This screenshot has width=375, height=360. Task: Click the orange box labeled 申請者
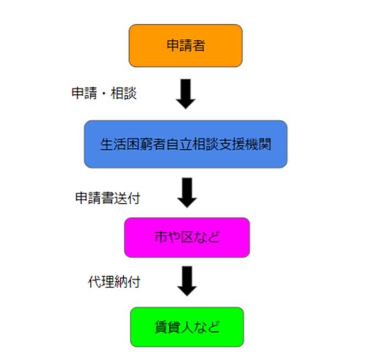(185, 45)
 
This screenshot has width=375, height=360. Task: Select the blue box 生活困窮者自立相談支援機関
(185, 144)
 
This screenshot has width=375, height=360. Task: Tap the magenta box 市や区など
(187, 238)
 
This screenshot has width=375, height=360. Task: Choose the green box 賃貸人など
(187, 326)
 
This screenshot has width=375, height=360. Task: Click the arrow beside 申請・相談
(186, 93)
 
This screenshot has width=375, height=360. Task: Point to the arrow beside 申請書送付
(187, 192)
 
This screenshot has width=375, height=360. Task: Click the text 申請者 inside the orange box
(186, 45)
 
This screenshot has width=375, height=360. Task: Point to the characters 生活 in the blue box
(113, 145)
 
